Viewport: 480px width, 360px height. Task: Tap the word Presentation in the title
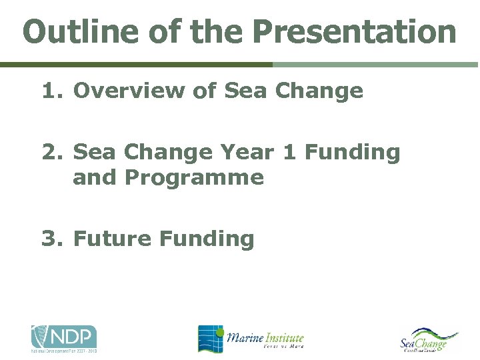(x=354, y=31)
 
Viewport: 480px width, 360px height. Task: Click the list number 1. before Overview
(x=53, y=91)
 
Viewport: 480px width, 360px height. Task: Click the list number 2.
(x=53, y=153)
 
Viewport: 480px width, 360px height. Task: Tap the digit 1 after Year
(x=290, y=153)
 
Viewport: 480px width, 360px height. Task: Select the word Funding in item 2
(x=353, y=153)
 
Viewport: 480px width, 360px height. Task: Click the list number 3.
(x=53, y=238)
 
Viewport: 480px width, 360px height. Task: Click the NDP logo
(x=64, y=339)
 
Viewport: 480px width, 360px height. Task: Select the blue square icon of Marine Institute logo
(x=210, y=339)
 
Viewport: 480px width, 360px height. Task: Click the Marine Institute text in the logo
(x=265, y=339)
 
